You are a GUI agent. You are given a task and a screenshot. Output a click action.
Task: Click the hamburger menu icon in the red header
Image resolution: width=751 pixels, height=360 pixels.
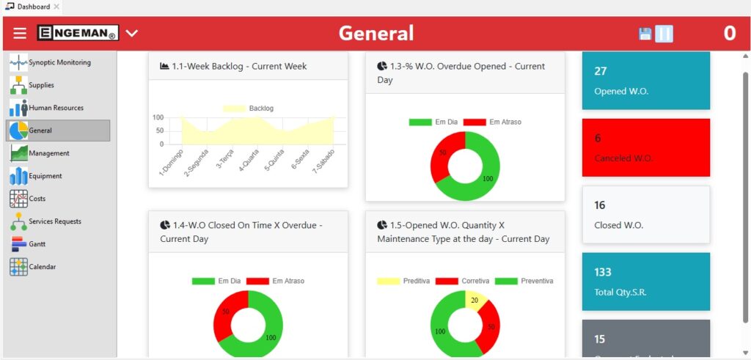[x=20, y=34]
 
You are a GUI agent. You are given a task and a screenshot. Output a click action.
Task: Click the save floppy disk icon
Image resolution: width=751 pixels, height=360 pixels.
[x=645, y=34]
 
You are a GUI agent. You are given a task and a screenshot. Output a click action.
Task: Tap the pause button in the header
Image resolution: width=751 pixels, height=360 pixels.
[x=664, y=34]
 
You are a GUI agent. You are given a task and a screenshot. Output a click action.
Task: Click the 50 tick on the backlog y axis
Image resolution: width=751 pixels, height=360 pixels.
[x=159, y=131]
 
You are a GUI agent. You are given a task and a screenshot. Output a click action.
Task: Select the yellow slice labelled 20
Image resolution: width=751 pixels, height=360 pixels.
[x=476, y=301]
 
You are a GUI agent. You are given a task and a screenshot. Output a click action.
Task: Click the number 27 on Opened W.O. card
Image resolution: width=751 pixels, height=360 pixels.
[x=601, y=71]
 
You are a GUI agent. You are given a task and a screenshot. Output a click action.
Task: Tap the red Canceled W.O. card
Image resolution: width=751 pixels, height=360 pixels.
[x=645, y=147]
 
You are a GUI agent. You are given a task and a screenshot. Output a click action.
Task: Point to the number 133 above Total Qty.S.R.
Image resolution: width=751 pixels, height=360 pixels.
[x=603, y=272]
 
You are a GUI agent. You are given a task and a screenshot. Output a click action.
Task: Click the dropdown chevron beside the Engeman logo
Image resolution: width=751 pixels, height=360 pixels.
[x=132, y=33]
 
